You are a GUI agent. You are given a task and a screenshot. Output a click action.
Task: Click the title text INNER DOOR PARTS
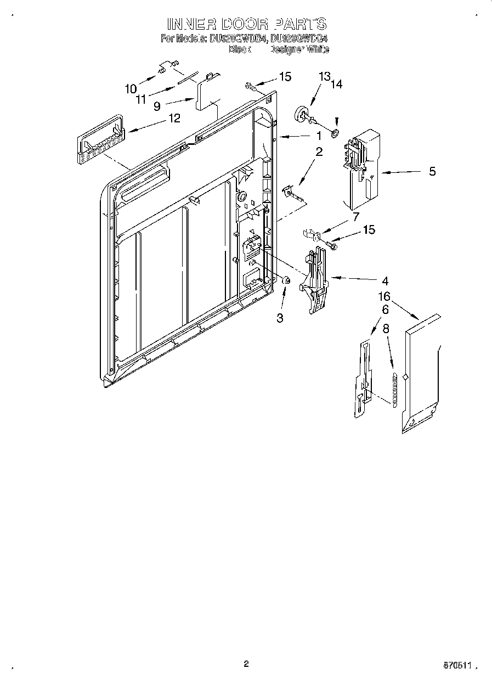[246, 24]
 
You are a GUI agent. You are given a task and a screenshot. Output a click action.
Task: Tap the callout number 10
[131, 88]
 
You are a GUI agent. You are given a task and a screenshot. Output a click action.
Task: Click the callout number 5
[432, 172]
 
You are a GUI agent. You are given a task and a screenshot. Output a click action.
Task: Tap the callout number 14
[336, 85]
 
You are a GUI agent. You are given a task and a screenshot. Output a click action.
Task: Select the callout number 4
[385, 281]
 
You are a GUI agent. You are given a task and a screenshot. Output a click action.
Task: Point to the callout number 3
[280, 318]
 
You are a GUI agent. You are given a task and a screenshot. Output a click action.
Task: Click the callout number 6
[386, 310]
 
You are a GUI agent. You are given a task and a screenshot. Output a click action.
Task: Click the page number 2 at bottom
[246, 664]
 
